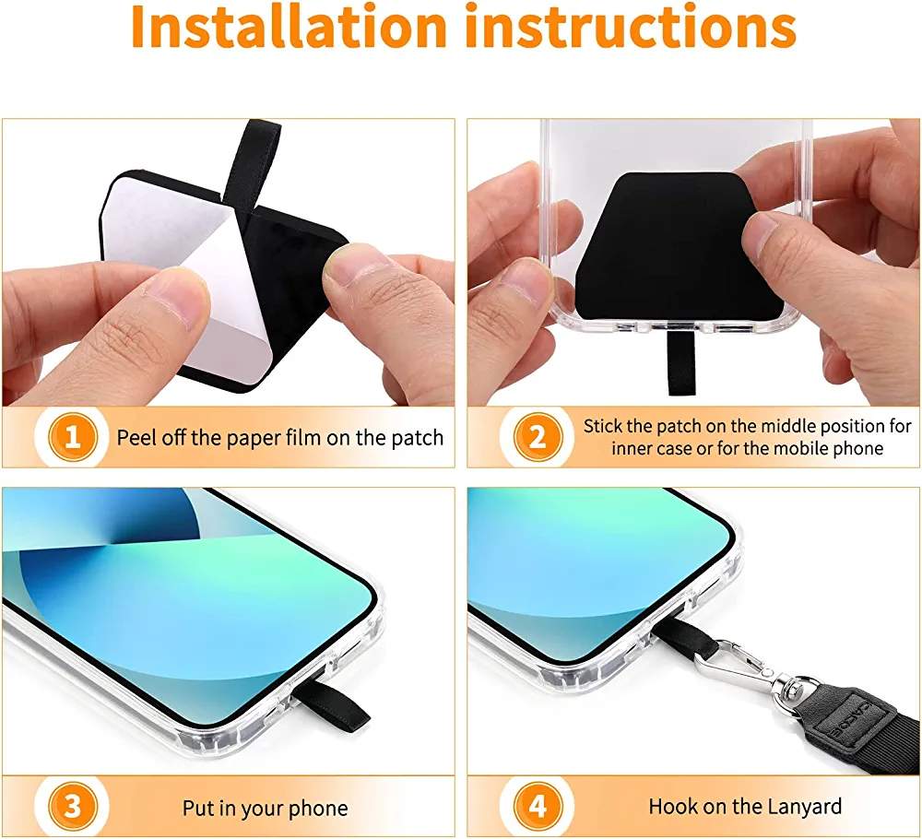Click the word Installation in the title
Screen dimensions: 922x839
pos(289,27)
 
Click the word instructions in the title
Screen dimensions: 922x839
pos(631,27)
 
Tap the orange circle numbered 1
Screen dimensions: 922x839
pos(73,437)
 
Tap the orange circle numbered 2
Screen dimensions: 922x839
pos(538,437)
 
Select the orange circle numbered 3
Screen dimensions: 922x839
pos(73,808)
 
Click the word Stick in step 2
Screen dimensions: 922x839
pos(603,426)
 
